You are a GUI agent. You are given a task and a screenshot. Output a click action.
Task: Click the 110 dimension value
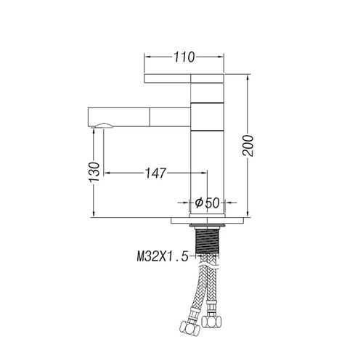pyautogui.click(x=184, y=57)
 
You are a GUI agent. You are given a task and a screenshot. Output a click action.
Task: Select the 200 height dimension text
pyautogui.click(x=248, y=146)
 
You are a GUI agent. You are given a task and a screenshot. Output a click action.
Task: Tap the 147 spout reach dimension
pyautogui.click(x=156, y=173)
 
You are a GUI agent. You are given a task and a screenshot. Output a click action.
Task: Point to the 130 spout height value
pyautogui.click(x=94, y=172)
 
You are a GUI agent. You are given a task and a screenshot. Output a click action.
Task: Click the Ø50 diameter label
pyautogui.click(x=207, y=203)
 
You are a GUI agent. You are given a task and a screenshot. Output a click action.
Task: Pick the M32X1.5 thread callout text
pyautogui.click(x=163, y=256)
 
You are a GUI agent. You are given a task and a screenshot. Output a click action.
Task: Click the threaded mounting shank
pyautogui.click(x=207, y=241)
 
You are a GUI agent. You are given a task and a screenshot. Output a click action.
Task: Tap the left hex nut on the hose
pyautogui.click(x=189, y=328)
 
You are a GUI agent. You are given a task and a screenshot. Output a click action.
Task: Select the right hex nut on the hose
pyautogui.click(x=211, y=321)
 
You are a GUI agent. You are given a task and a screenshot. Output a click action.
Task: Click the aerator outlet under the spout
pyautogui.click(x=104, y=126)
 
